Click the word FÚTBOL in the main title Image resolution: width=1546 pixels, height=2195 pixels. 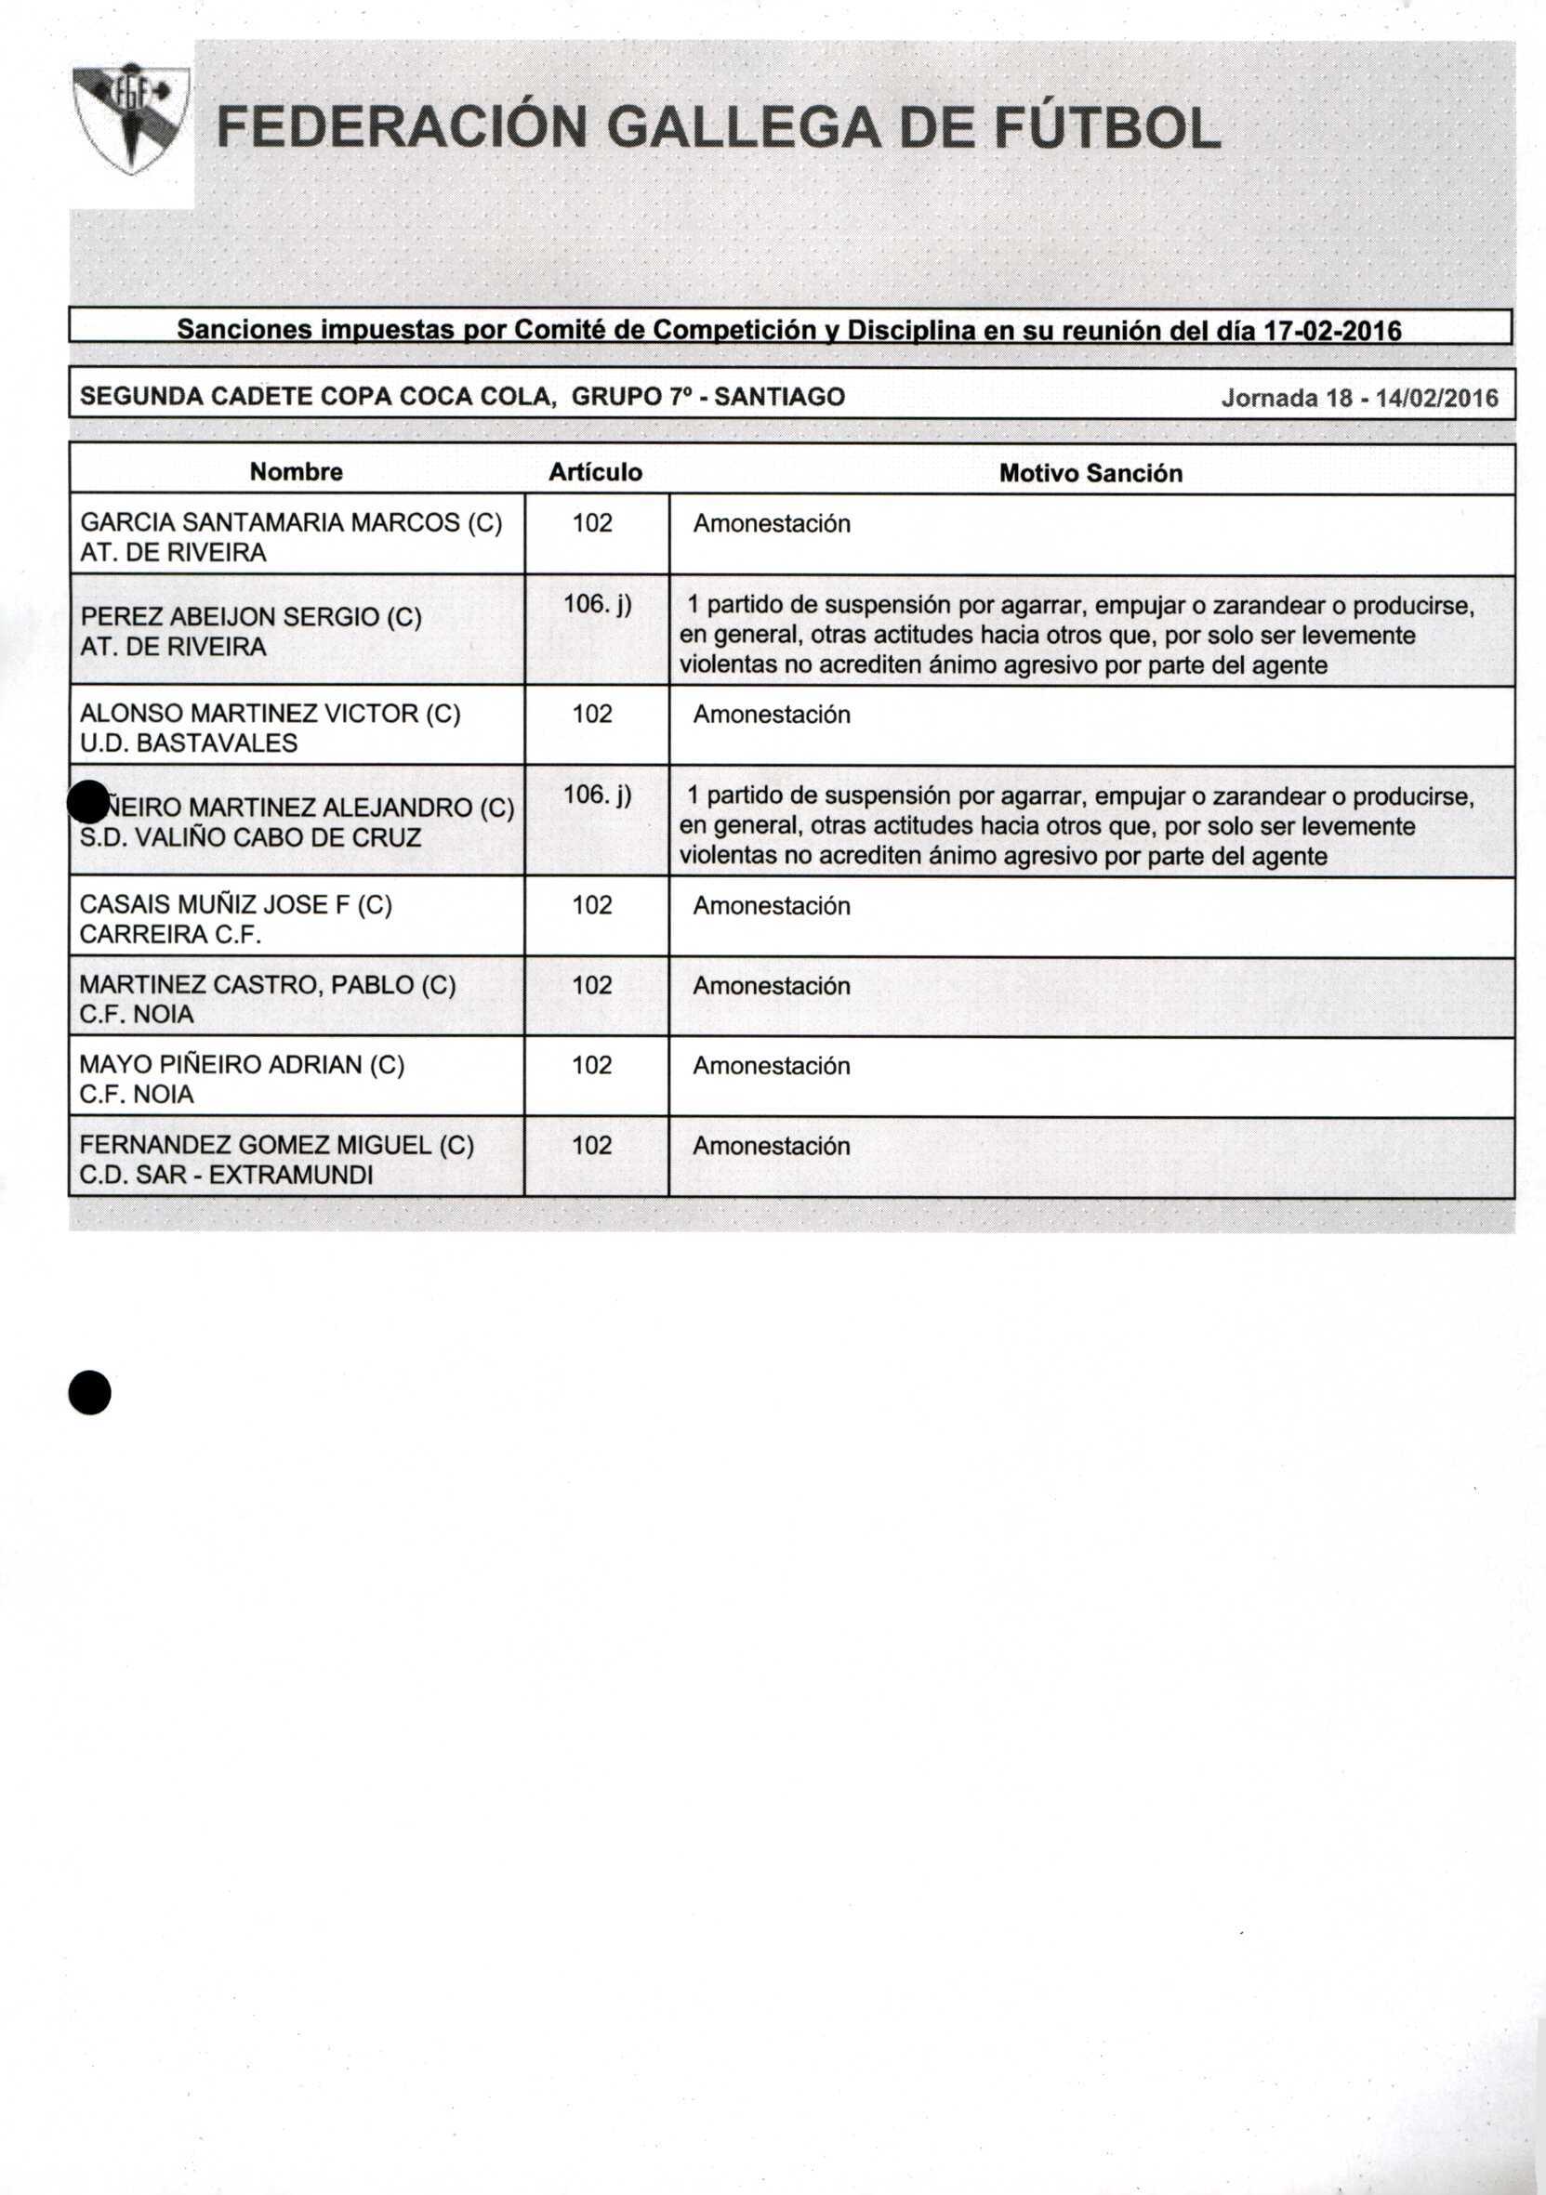[x=1107, y=128]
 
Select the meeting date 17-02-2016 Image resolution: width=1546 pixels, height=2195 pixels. [x=1333, y=331]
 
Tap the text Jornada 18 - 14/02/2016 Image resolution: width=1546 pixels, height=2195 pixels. [x=1358, y=398]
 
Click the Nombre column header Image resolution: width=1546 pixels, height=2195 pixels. [x=297, y=471]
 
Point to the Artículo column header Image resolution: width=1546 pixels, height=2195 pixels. [x=595, y=472]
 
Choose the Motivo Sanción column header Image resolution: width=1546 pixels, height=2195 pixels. [x=1090, y=473]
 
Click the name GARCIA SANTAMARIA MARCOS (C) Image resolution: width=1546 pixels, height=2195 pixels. [x=291, y=522]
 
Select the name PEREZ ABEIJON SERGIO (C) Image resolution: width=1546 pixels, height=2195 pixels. [x=250, y=617]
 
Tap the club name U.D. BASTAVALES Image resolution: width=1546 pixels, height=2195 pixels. [x=189, y=743]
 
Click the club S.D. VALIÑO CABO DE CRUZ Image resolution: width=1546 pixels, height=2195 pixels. [x=250, y=837]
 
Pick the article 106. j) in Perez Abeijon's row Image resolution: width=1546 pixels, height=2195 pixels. [x=598, y=604]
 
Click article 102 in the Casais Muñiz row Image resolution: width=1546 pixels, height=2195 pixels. [x=592, y=904]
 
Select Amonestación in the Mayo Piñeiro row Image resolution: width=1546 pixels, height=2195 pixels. [x=772, y=1065]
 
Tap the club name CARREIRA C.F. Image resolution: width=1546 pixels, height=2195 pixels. [x=170, y=934]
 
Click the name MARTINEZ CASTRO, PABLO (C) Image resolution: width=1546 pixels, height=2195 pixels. [x=268, y=985]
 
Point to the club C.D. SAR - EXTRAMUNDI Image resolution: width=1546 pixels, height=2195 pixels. [x=227, y=1174]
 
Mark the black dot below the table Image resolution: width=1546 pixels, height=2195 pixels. [x=90, y=1393]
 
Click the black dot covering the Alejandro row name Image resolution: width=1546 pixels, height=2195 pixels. [x=89, y=801]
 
